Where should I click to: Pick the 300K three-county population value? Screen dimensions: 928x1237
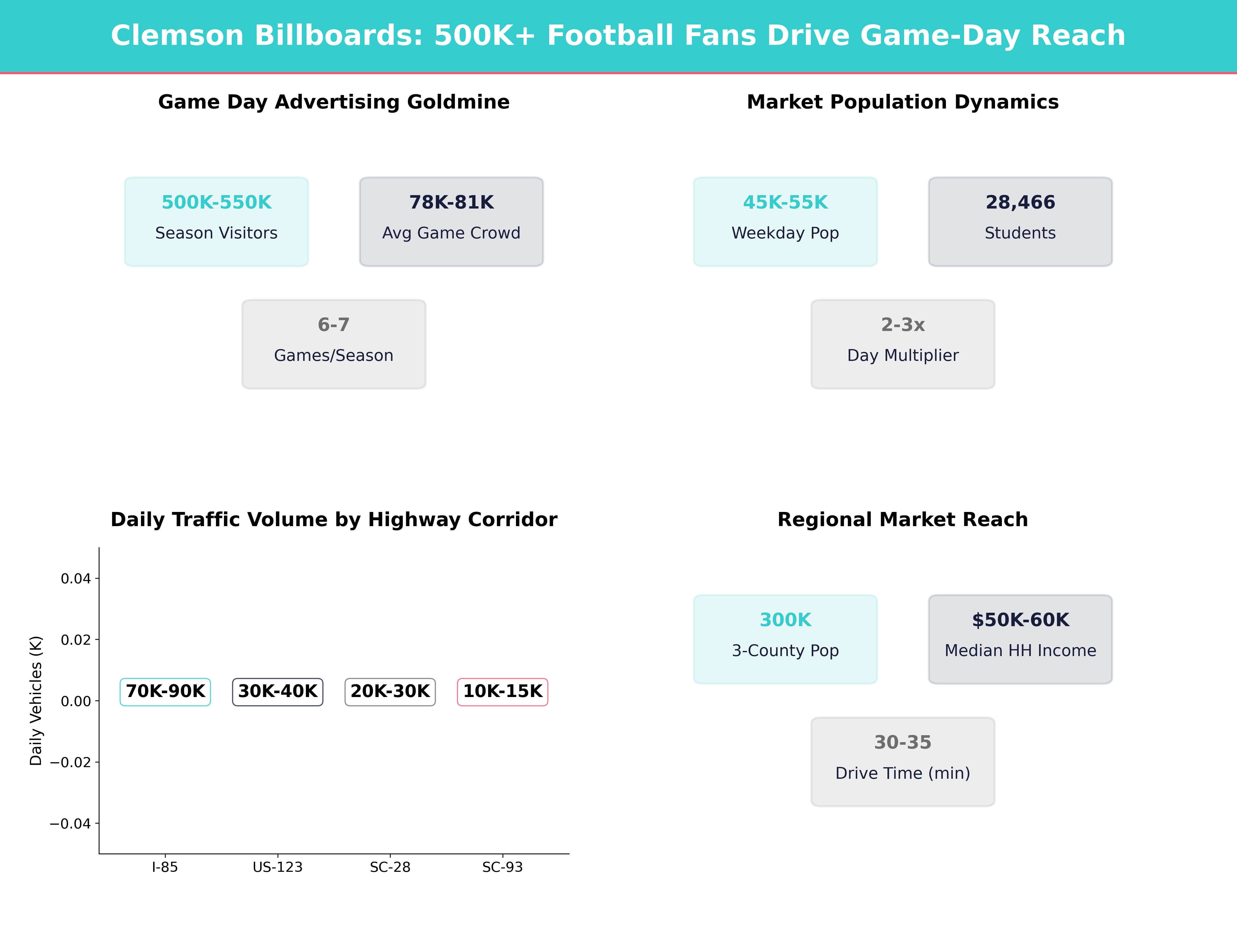click(785, 620)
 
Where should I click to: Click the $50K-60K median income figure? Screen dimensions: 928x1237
click(1020, 620)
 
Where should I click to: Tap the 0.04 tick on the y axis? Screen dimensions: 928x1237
click(76, 578)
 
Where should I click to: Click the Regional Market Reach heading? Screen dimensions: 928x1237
click(902, 520)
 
